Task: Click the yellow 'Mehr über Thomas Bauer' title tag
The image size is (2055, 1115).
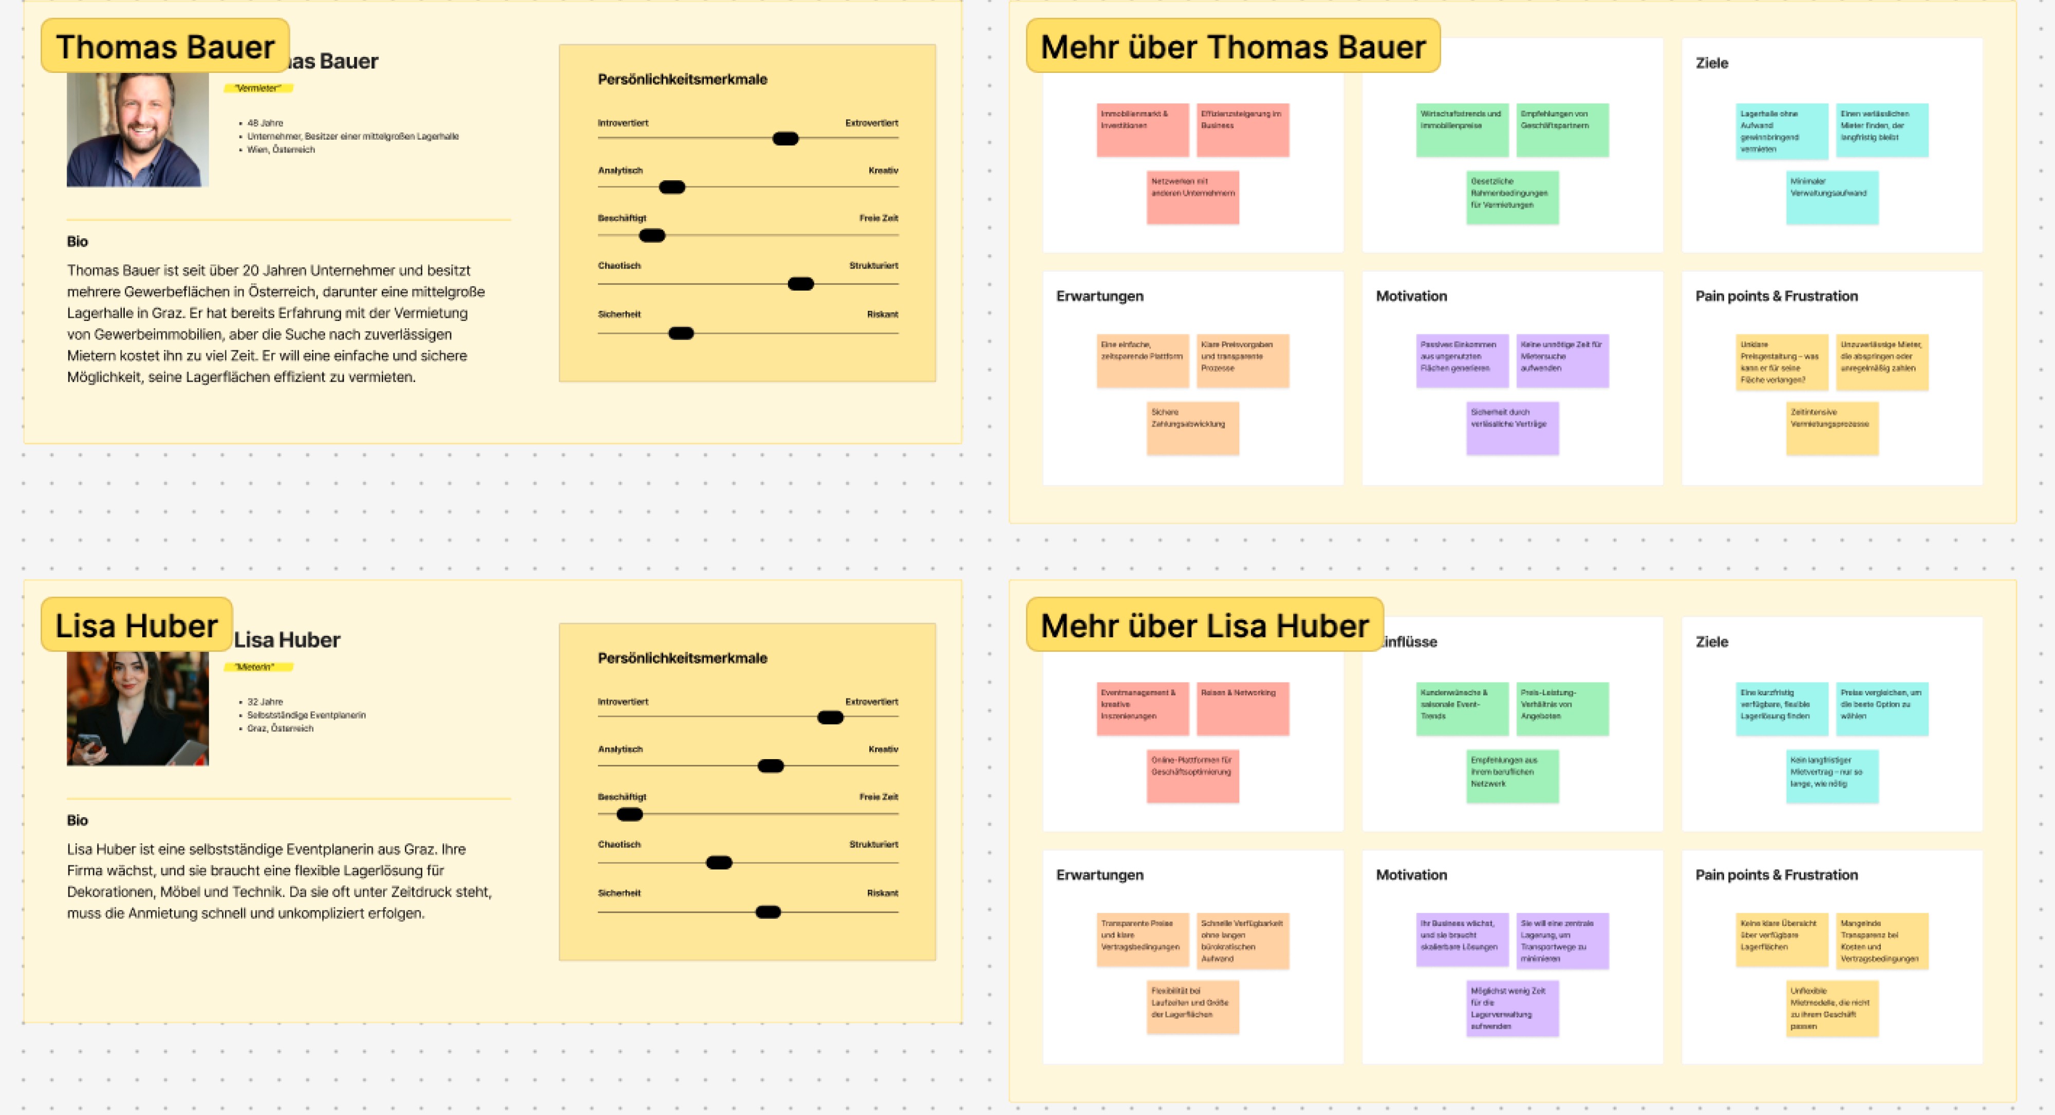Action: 1232,46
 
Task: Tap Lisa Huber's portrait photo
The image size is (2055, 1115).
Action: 137,708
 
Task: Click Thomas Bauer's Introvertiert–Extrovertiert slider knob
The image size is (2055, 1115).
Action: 785,139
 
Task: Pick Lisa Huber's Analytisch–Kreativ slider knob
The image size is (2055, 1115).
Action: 770,766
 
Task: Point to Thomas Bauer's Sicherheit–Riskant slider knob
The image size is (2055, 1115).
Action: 681,333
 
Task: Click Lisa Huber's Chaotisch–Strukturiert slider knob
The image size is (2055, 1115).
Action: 719,862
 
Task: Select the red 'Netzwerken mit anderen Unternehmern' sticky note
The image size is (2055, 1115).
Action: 1192,197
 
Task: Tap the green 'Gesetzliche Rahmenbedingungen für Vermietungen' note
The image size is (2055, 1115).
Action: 1512,197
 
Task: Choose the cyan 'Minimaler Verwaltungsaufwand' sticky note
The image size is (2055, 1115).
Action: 1832,197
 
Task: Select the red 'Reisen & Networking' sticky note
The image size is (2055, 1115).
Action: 1242,708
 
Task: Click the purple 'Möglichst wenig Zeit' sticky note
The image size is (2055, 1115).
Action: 1512,1008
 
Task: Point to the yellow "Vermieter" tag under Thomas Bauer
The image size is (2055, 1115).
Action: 258,88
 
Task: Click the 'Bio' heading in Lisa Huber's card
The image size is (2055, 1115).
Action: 78,820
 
